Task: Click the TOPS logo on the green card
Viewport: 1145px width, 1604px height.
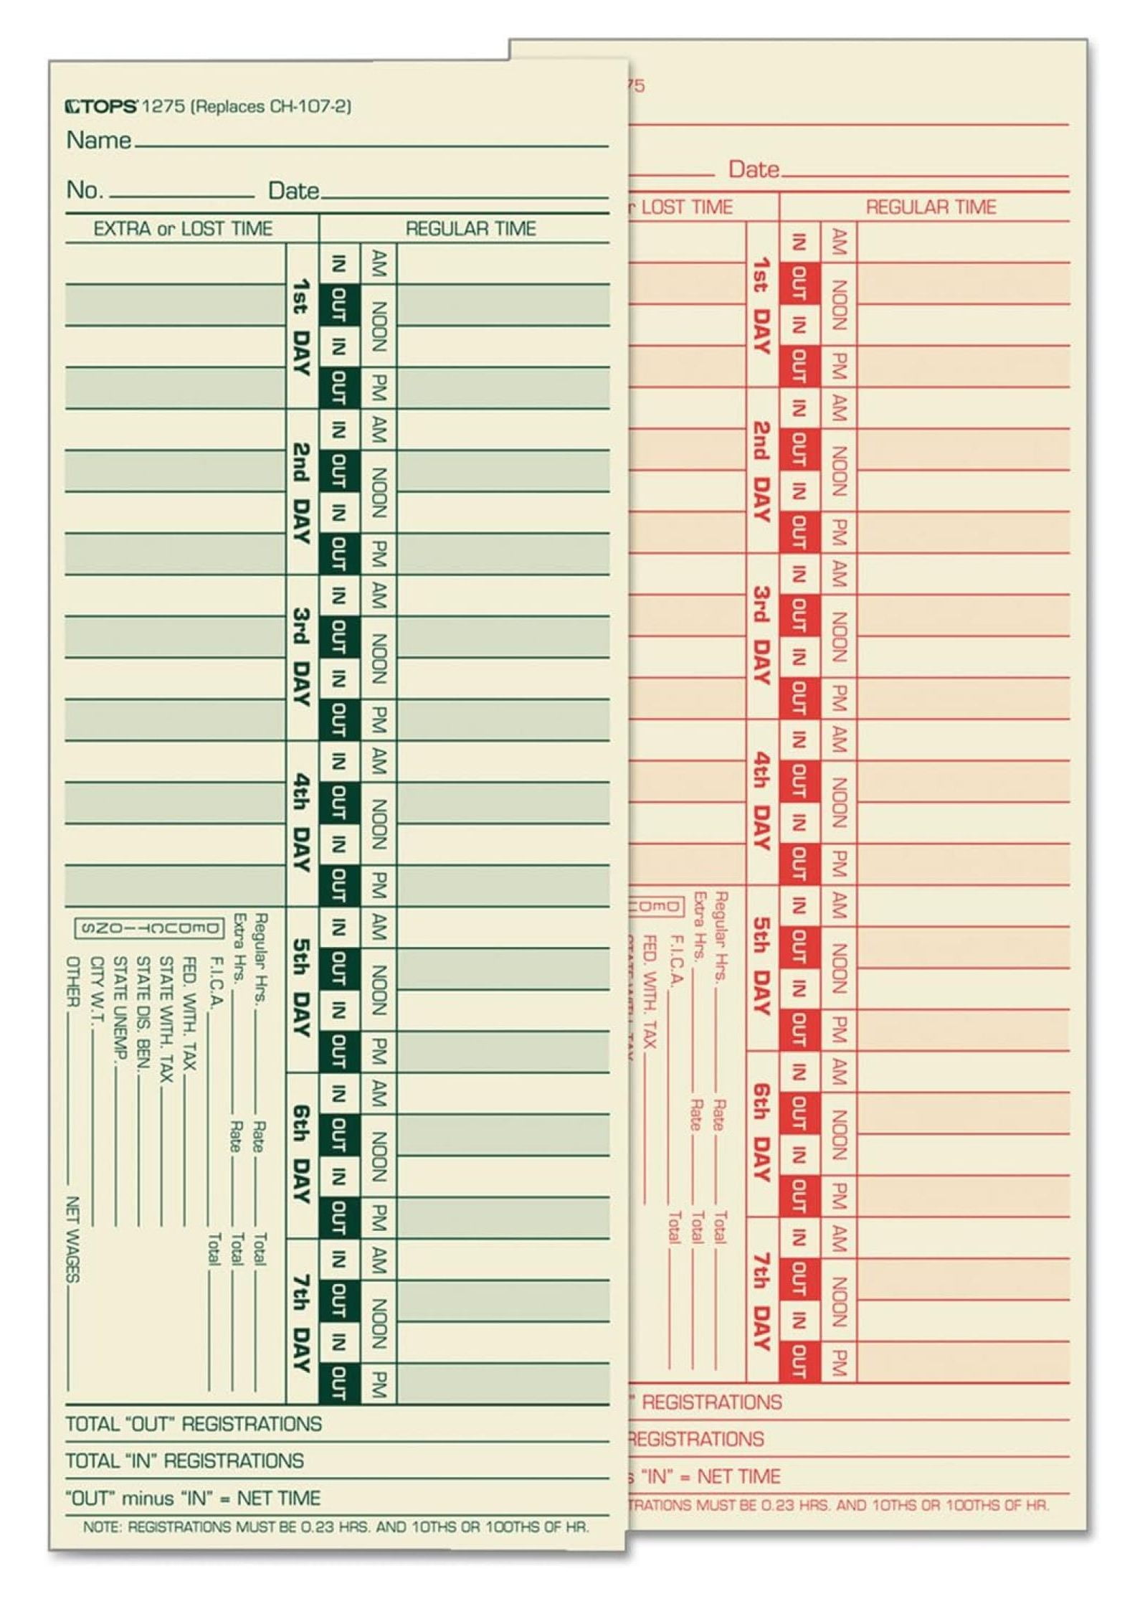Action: click(101, 107)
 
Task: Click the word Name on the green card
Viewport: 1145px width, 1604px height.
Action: click(98, 140)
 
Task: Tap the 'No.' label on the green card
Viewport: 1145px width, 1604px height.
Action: click(85, 190)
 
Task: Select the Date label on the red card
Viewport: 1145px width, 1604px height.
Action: click(754, 170)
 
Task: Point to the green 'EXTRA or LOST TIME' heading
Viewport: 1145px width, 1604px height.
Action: click(183, 229)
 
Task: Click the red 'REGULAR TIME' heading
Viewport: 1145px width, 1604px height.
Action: click(931, 207)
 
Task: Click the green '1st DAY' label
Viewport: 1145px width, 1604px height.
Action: click(302, 327)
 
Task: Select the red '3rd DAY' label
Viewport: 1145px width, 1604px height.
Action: click(761, 636)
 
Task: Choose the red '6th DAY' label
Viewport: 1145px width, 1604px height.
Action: click(761, 1132)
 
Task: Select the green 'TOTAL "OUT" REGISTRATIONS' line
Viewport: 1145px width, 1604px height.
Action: click(194, 1424)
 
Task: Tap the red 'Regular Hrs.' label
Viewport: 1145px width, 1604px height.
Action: click(721, 935)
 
